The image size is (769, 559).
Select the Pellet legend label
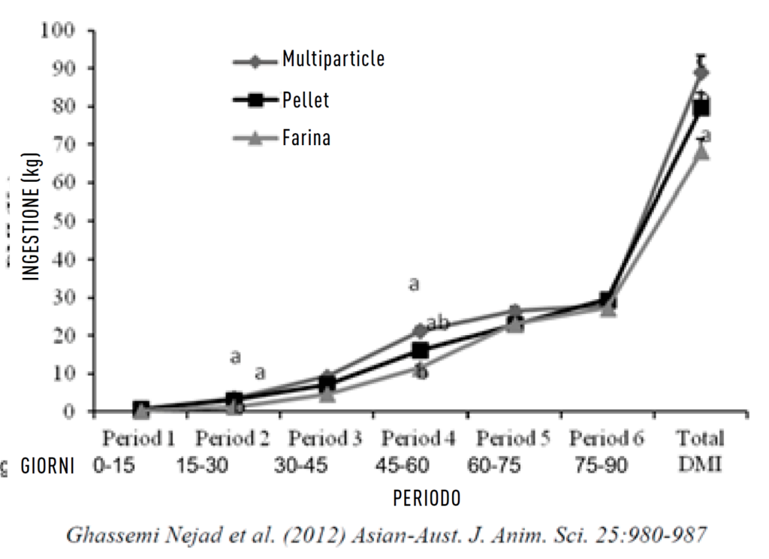[x=306, y=99]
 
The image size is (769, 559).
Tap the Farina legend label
[x=306, y=138]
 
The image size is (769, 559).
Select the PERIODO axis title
[x=427, y=497]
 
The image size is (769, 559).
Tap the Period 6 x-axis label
[x=606, y=439]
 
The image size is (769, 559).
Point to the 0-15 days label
[x=114, y=467]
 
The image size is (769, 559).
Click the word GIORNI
[x=47, y=467]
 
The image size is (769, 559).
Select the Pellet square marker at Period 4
[x=420, y=351]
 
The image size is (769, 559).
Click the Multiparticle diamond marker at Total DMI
[x=701, y=73]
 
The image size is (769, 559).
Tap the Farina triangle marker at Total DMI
[x=701, y=153]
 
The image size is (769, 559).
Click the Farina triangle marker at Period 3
[x=327, y=394]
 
